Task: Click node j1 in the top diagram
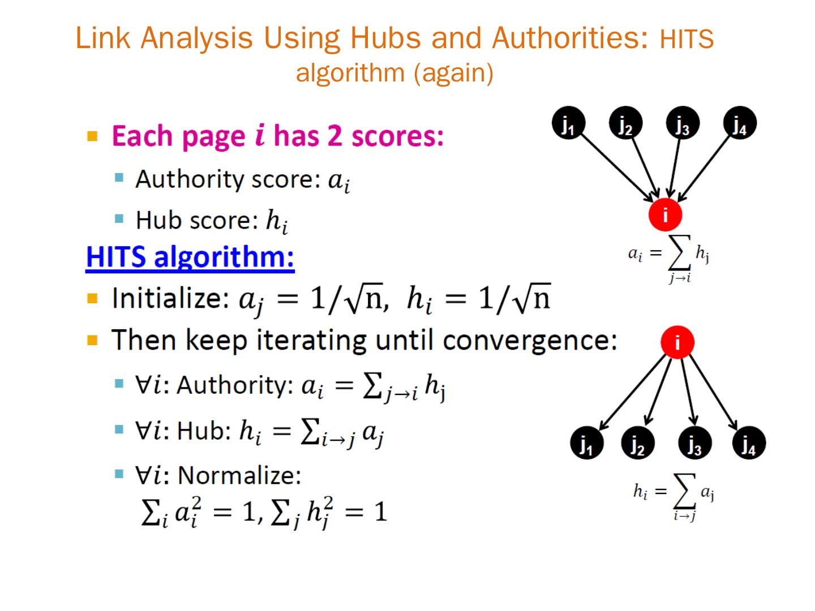coord(568,123)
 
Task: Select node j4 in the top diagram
coord(740,123)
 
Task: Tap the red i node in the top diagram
coord(665,215)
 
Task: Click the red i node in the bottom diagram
coord(677,342)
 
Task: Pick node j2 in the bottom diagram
coord(638,444)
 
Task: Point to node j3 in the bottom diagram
coord(694,444)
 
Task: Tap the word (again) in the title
coord(453,73)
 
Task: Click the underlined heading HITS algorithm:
coord(190,257)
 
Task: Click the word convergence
coord(529,340)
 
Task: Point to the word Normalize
coord(239,475)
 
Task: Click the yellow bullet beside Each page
coord(93,136)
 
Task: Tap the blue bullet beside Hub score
coord(119,218)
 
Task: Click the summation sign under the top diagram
coord(680,257)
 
